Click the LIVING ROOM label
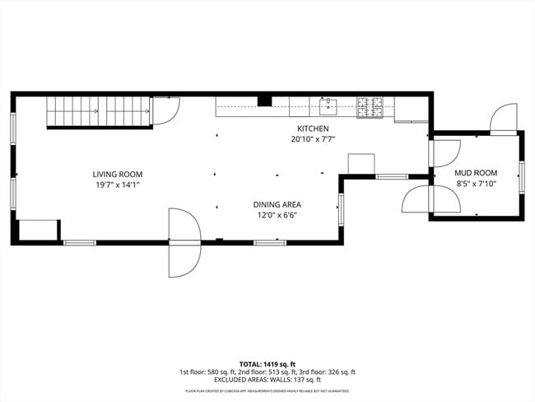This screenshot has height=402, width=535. pos(117,174)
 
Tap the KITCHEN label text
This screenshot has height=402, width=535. pos(313,129)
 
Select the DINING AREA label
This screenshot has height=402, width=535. pos(276,204)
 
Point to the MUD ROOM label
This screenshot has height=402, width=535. pos(475,173)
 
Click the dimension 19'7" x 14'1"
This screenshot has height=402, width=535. pos(117,185)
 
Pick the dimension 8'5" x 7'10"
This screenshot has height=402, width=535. pos(475,184)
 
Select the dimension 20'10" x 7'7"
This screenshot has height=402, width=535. pos(313,140)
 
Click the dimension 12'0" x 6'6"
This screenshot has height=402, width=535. pos(276,215)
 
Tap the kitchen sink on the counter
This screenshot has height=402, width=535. pos(328,105)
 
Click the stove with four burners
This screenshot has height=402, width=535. pos(370,105)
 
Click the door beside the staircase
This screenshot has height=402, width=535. pos(165,110)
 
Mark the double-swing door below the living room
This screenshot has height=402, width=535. pos(184,242)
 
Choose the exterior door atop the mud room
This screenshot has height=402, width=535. pos(503,119)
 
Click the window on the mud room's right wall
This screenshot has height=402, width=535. pos(521,176)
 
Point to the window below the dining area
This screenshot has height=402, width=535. pos(269,242)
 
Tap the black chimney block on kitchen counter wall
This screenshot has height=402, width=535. pos(264,100)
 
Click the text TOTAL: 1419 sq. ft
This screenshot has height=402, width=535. pos(267,363)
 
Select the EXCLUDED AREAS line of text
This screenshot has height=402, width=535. pos(267,380)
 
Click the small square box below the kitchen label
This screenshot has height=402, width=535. pos(361,163)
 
